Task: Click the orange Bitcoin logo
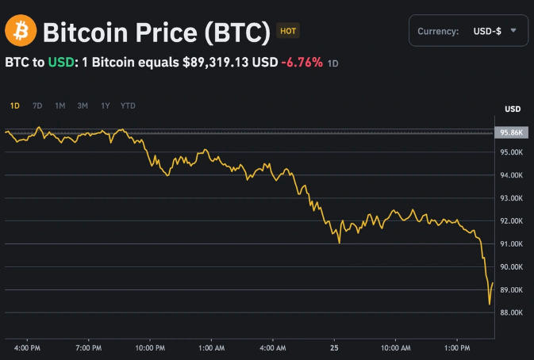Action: click(x=20, y=33)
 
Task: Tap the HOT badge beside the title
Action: click(x=288, y=32)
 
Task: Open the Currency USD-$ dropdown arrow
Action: click(x=514, y=30)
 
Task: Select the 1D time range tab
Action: click(x=15, y=105)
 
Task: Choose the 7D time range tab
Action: click(x=37, y=105)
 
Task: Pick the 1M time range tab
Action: click(x=60, y=105)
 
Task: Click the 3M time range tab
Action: click(x=83, y=105)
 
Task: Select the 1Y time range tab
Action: click(x=106, y=105)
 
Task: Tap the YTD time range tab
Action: click(x=128, y=105)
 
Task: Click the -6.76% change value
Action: click(x=302, y=62)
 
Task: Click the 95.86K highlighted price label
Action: click(x=510, y=132)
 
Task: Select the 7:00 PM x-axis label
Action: click(x=88, y=347)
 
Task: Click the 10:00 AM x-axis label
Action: click(x=394, y=347)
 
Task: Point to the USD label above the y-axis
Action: click(x=512, y=109)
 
